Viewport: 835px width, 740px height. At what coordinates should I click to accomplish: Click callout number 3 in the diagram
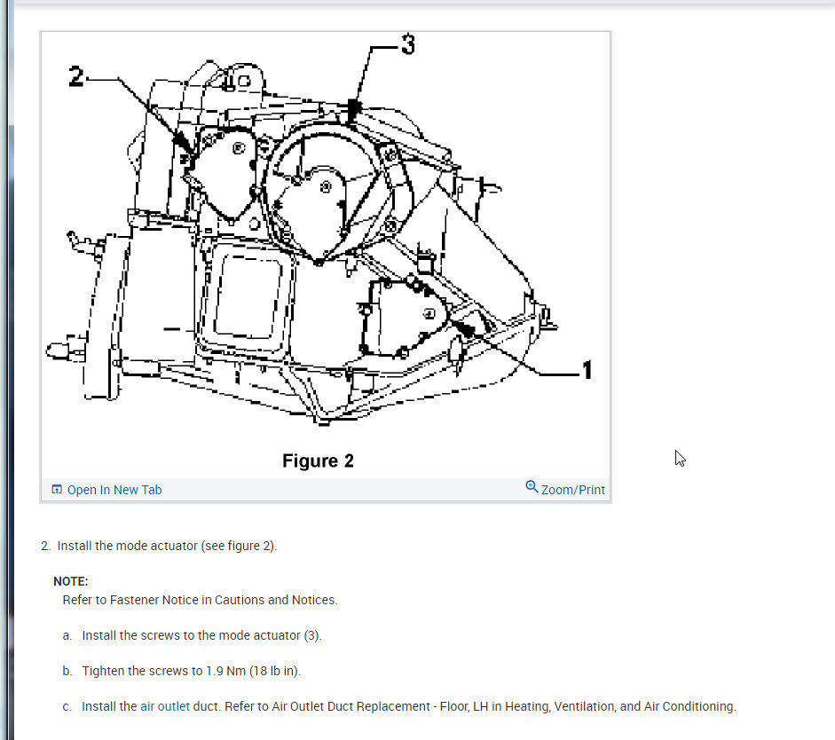point(407,44)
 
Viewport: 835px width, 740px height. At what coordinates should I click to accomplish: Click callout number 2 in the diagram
point(76,77)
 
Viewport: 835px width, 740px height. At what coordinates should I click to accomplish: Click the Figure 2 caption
point(318,461)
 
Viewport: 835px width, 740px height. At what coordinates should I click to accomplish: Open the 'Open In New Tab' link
point(114,490)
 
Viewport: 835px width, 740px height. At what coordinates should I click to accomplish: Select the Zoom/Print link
point(573,490)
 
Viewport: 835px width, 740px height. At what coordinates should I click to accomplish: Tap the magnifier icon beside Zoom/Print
point(532,487)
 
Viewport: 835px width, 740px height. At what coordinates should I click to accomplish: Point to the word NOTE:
point(71,581)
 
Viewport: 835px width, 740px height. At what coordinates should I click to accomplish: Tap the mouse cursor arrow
point(679,457)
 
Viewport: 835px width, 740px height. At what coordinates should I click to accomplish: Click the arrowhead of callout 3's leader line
point(354,111)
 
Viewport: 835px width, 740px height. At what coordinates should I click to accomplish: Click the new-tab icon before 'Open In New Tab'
point(57,490)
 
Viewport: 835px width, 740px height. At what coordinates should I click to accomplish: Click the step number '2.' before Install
point(46,546)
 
